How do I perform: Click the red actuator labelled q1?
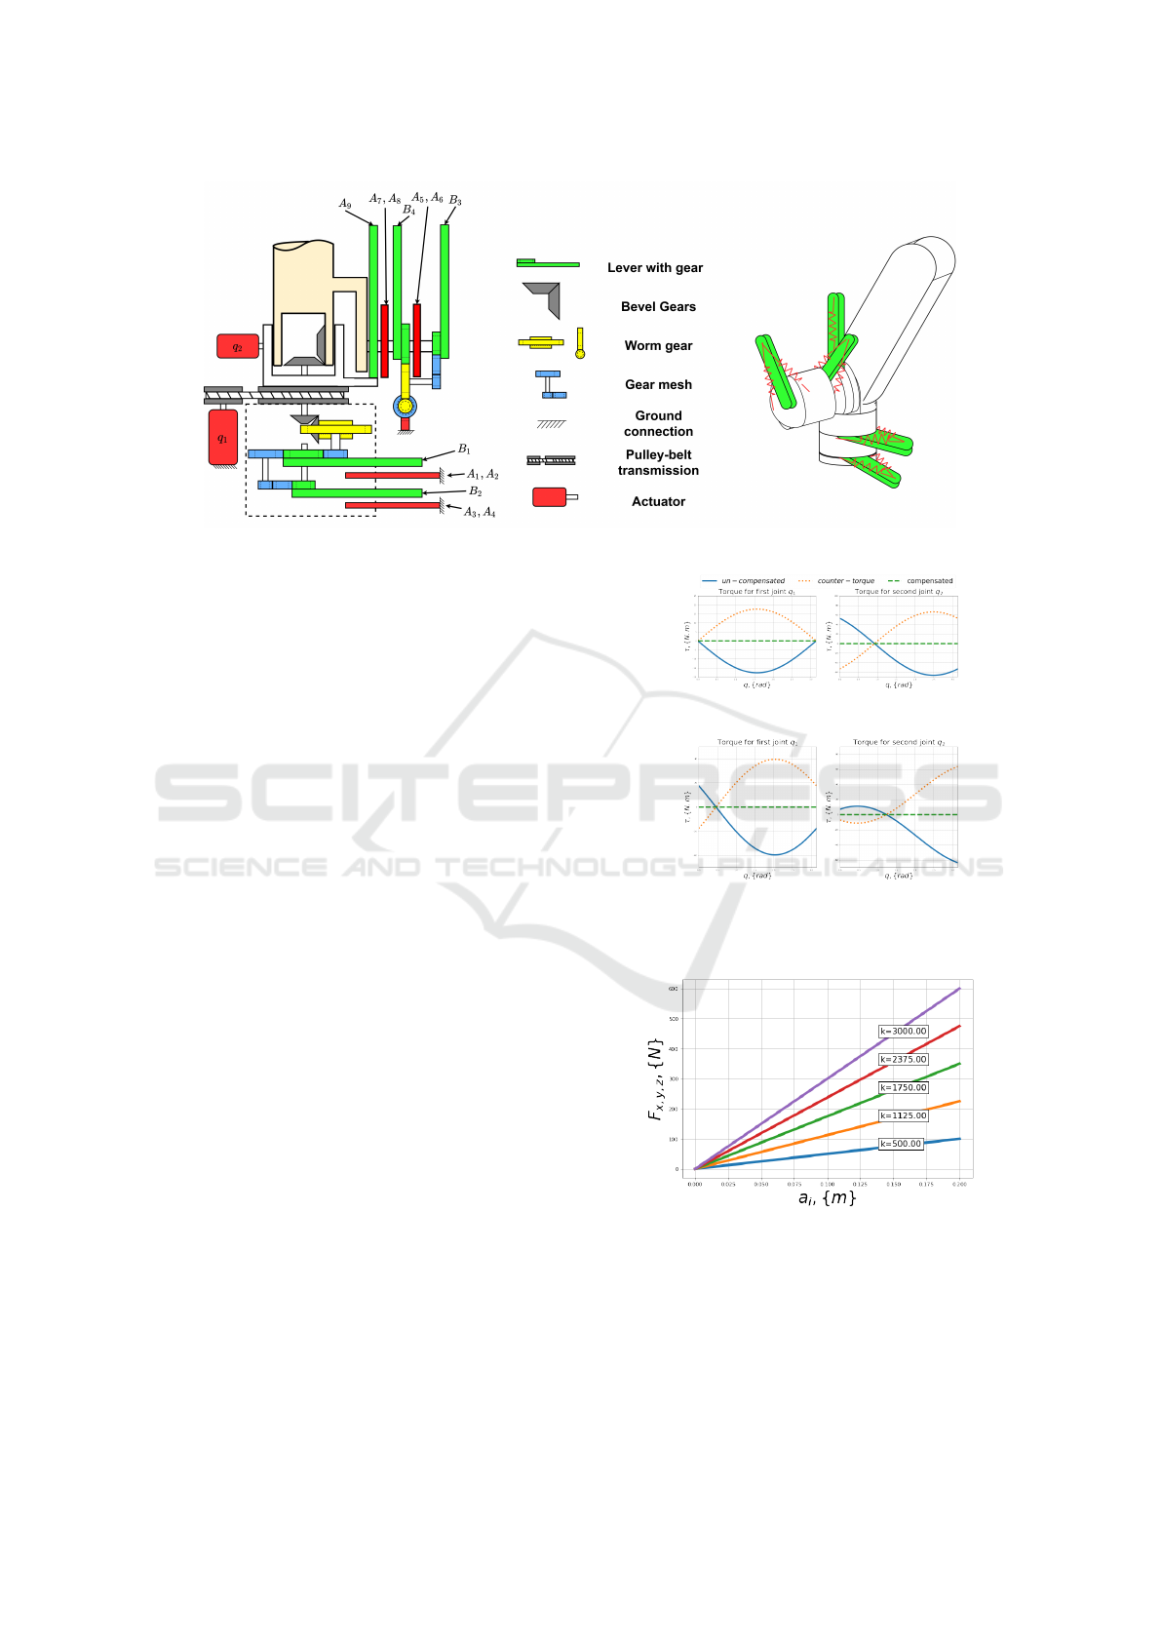223,437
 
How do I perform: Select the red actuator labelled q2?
237,346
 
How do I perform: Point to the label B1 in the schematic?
465,450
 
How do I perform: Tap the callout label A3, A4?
480,512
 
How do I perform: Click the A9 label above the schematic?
345,204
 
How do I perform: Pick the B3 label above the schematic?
455,201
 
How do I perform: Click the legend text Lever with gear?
655,268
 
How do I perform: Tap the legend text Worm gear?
658,346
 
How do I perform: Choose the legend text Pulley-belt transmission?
658,463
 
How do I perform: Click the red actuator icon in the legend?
550,497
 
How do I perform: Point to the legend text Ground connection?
658,424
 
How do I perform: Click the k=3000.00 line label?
904,1032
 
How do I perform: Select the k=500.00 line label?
901,1144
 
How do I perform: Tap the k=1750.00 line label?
904,1088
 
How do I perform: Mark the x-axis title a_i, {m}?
827,1198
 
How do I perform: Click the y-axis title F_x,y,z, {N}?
655,1077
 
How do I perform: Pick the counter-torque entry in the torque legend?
845,581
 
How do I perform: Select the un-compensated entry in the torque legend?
753,581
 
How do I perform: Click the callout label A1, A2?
483,475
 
